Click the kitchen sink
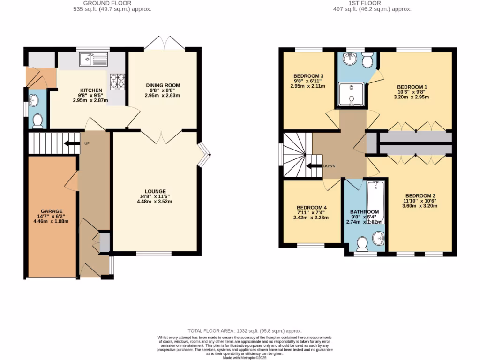coord(94,59)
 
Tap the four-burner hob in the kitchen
coord(118,81)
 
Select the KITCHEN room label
coord(91,90)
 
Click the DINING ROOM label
coord(163,85)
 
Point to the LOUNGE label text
coord(155,191)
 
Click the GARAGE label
coord(52,211)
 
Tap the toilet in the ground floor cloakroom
coord(37,121)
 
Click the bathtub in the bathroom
coord(375,202)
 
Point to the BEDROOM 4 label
coord(312,208)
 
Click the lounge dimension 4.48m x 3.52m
coord(155,202)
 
